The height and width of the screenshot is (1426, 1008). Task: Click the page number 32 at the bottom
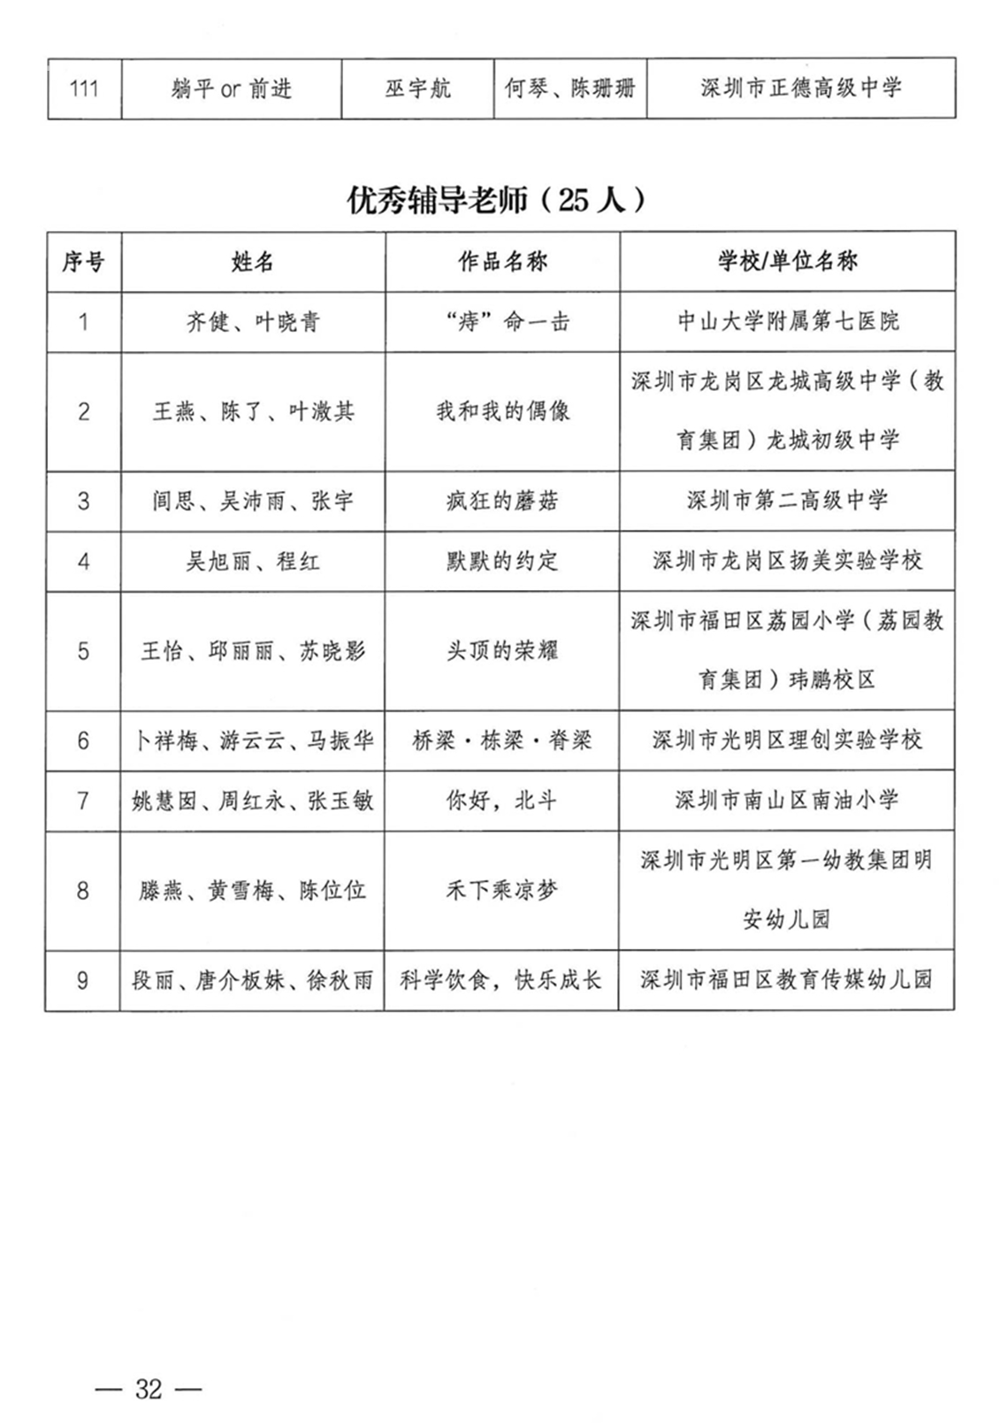tap(149, 1389)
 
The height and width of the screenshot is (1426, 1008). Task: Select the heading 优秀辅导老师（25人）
tap(496, 201)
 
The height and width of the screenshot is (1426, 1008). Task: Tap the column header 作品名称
tap(502, 262)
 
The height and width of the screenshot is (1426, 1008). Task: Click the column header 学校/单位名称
tap(787, 262)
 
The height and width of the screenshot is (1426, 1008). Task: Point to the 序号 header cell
tap(83, 262)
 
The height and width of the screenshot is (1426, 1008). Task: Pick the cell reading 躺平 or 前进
tap(231, 88)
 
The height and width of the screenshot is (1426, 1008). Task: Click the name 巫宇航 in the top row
tap(417, 88)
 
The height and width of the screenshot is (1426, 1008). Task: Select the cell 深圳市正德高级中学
tap(800, 88)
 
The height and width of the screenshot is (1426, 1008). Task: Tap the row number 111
tap(83, 88)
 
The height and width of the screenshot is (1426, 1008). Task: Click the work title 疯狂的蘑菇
tap(502, 502)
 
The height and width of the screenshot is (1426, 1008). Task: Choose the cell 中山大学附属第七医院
tap(787, 321)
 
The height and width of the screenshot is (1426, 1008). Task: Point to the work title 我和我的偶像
tap(502, 411)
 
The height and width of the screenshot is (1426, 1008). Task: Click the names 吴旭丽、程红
tap(252, 562)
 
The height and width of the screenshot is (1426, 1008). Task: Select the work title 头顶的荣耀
tap(502, 652)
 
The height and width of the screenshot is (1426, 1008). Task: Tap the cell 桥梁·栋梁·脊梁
tap(502, 740)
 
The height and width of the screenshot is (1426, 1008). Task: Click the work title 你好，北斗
tap(502, 801)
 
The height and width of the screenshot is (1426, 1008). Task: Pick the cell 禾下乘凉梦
tap(502, 891)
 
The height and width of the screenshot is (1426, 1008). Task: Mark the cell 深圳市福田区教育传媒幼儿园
tap(787, 980)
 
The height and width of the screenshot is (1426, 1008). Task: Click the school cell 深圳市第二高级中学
tap(787, 501)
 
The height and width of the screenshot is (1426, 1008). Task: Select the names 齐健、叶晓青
tap(252, 322)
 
